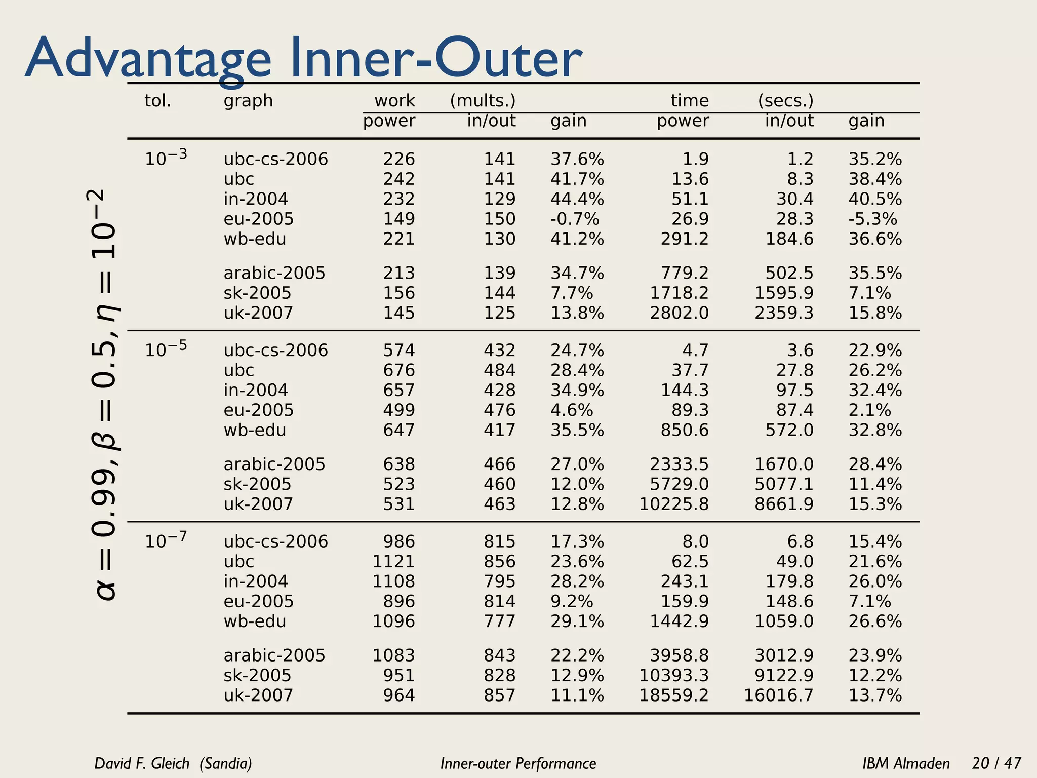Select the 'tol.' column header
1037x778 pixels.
pos(157,101)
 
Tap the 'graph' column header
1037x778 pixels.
pos(248,101)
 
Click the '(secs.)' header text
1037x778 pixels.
pos(785,101)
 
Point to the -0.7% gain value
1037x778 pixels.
pos(575,219)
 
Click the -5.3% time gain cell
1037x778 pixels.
pos(872,219)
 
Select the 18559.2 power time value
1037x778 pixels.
pos(673,695)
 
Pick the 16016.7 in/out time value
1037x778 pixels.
pos(778,695)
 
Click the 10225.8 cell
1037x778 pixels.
pos(673,504)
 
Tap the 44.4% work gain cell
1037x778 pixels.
pos(577,199)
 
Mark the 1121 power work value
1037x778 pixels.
pos(393,562)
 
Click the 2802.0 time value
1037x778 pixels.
pos(679,313)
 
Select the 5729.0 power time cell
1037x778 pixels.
pos(679,484)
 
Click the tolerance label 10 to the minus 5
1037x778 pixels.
pos(166,349)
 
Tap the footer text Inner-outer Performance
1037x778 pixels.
pos(518,763)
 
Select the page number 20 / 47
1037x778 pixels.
pos(996,763)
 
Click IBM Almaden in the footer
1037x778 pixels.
pos(906,763)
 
